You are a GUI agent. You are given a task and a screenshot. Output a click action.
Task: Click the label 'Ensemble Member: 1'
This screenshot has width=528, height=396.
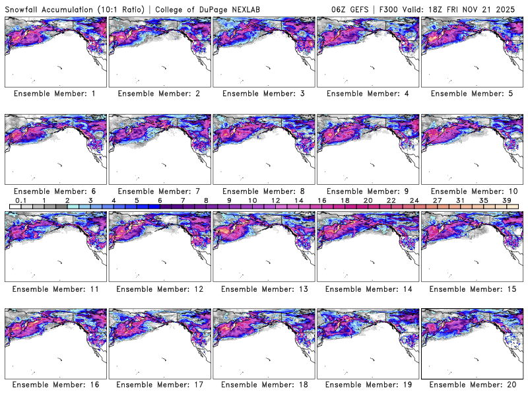click(55, 94)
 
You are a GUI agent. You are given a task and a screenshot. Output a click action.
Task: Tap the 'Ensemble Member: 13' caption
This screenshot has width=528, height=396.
click(263, 288)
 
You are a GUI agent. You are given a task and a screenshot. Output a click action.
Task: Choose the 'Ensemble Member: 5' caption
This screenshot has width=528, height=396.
click(471, 94)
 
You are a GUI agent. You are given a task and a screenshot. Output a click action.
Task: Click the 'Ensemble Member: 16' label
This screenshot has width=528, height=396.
click(55, 385)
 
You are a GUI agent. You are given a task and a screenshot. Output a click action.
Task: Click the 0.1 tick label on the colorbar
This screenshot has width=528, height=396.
click(21, 200)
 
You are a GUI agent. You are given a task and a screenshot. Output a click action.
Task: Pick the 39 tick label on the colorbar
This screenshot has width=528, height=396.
click(506, 200)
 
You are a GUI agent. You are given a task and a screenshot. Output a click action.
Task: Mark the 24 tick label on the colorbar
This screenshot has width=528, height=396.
click(414, 200)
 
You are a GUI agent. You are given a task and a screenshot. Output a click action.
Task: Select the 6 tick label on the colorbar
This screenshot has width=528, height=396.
click(159, 200)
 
